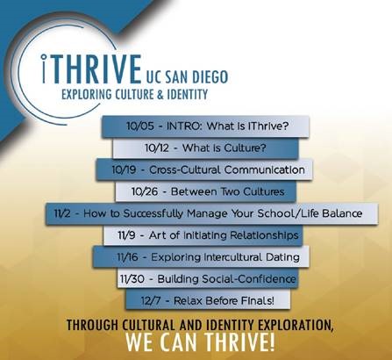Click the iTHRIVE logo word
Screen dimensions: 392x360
pyautogui.click(x=91, y=68)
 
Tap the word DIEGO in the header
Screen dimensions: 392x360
pyautogui.click(x=210, y=77)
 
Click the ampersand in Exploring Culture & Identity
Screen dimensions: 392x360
pyautogui.click(x=160, y=95)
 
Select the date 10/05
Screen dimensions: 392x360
pyautogui.click(x=139, y=126)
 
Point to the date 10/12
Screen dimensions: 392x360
pyautogui.click(x=157, y=148)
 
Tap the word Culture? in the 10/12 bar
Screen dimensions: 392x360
pyautogui.click(x=245, y=148)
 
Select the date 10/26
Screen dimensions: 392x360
pyautogui.click(x=145, y=191)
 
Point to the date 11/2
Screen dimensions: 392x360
pyautogui.click(x=62, y=213)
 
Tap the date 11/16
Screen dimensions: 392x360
pyautogui.click(x=127, y=257)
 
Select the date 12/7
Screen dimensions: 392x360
pyautogui.click(x=151, y=300)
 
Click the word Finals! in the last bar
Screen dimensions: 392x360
pyautogui.click(x=258, y=300)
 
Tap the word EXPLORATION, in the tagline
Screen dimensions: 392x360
pyautogui.click(x=296, y=325)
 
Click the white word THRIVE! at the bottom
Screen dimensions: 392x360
pyautogui.click(x=239, y=342)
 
